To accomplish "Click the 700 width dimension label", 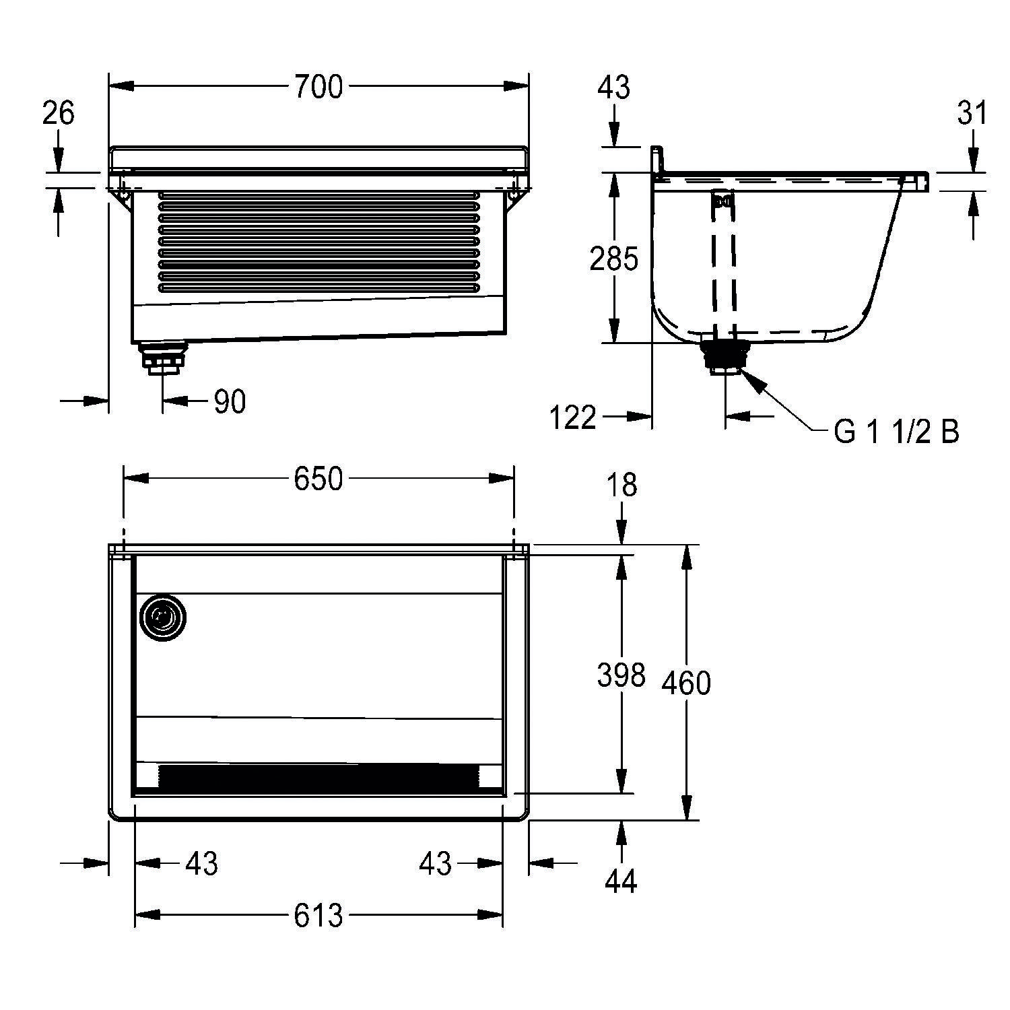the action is (318, 87).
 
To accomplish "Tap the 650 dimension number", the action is (318, 479).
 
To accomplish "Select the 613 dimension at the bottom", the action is (318, 915).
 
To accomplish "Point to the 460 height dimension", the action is (686, 683).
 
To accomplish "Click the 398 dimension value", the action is (621, 675).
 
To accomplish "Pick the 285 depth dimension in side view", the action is (613, 259).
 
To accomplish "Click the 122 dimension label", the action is (573, 418).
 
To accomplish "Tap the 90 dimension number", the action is (230, 402).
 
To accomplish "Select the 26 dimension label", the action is (59, 113).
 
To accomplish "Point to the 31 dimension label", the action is (972, 113).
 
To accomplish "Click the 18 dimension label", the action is (621, 485).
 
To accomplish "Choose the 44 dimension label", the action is (621, 881).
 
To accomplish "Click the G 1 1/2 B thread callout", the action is (896, 432).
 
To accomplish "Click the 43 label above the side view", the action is (613, 88).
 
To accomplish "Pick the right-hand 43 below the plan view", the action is (435, 863).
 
